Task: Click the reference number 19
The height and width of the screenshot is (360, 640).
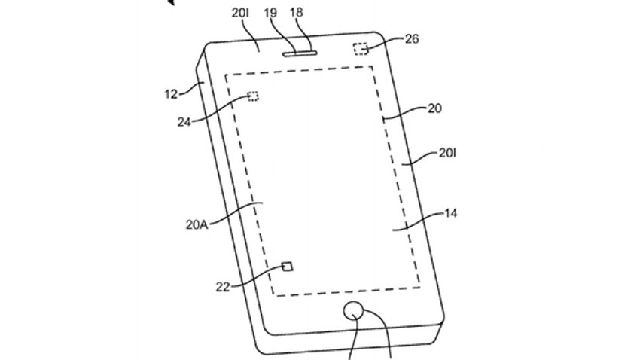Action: pos(270,13)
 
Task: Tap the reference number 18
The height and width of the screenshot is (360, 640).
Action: pos(297,13)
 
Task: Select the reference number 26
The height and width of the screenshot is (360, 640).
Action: pos(412,38)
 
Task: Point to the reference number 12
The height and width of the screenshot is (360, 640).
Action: pos(171,94)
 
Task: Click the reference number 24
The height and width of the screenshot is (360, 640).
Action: pos(184,122)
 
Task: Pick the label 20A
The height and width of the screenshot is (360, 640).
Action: pos(197,224)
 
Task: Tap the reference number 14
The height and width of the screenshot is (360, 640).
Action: pos(450,213)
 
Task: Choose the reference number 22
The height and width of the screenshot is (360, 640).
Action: pos(223,287)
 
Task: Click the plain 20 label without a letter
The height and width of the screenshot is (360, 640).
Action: pos(434,108)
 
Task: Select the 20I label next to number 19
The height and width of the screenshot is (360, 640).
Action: pos(240,13)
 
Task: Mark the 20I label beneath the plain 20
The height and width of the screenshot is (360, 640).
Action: pos(447,153)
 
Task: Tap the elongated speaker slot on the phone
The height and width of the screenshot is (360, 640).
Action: pos(299,53)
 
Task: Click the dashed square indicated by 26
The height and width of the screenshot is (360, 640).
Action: pos(361,48)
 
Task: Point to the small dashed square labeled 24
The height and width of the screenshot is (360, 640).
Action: pos(253,96)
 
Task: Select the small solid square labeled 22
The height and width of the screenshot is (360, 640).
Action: pos(288,267)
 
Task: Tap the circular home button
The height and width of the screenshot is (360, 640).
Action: pos(353,312)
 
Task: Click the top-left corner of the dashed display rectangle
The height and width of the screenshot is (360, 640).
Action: pos(225,75)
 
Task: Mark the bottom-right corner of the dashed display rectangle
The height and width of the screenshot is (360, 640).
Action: pos(419,288)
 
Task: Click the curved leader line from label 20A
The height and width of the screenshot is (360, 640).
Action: pos(236,212)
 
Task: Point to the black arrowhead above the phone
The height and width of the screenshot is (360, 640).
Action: pos(171,2)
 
